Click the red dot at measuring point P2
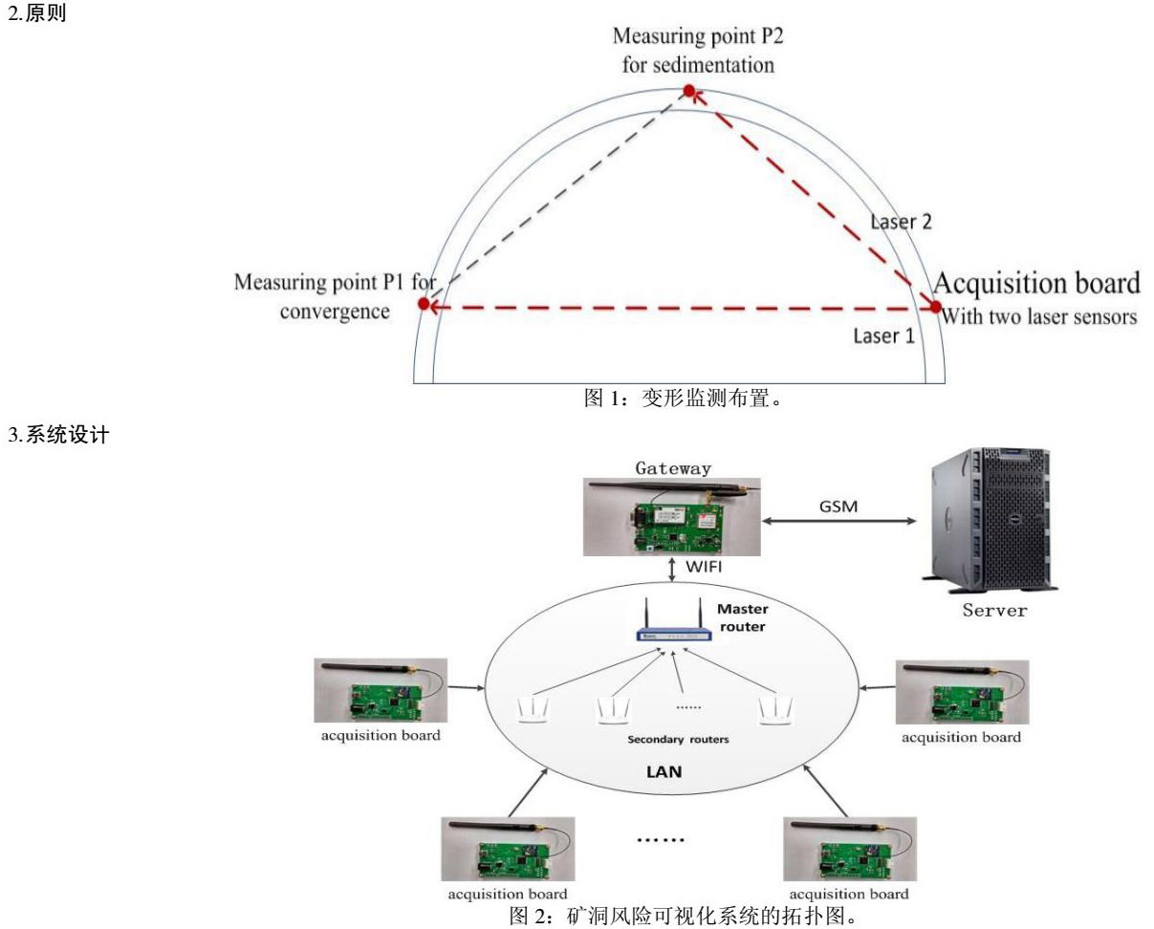tap(688, 91)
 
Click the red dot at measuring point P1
tap(424, 304)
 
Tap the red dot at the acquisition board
tap(936, 307)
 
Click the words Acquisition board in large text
tap(1036, 284)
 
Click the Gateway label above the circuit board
tap(673, 468)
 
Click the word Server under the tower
tap(994, 610)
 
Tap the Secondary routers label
tap(673, 739)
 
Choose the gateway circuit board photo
tap(673, 516)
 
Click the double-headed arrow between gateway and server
tap(838, 522)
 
